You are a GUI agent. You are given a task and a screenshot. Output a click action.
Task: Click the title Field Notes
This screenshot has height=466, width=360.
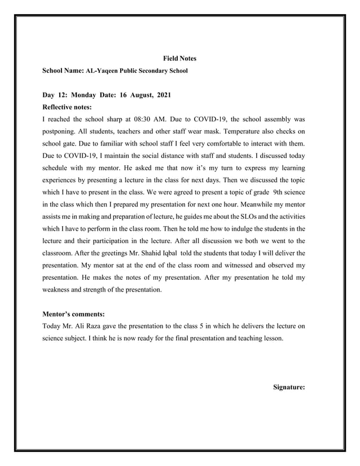[179, 59]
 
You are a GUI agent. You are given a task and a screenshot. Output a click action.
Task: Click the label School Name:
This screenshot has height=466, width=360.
[63, 71]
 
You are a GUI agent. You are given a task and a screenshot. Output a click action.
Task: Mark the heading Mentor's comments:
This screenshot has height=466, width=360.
[73, 314]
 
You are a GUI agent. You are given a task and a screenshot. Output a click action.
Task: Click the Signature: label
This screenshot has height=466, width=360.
[289, 387]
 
